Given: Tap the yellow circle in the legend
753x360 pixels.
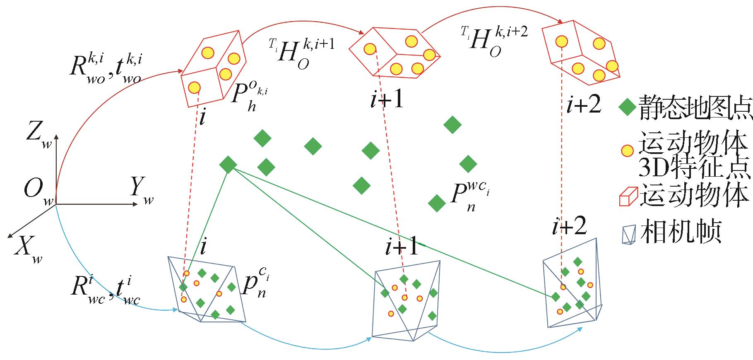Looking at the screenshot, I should pos(628,151).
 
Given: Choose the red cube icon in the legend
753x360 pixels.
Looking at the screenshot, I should pos(628,196).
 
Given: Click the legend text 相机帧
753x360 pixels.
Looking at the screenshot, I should pos(681,232).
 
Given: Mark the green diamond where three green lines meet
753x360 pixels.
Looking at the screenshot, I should pos(228,165).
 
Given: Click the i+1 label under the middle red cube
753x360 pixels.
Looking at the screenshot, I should pos(387,100).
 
